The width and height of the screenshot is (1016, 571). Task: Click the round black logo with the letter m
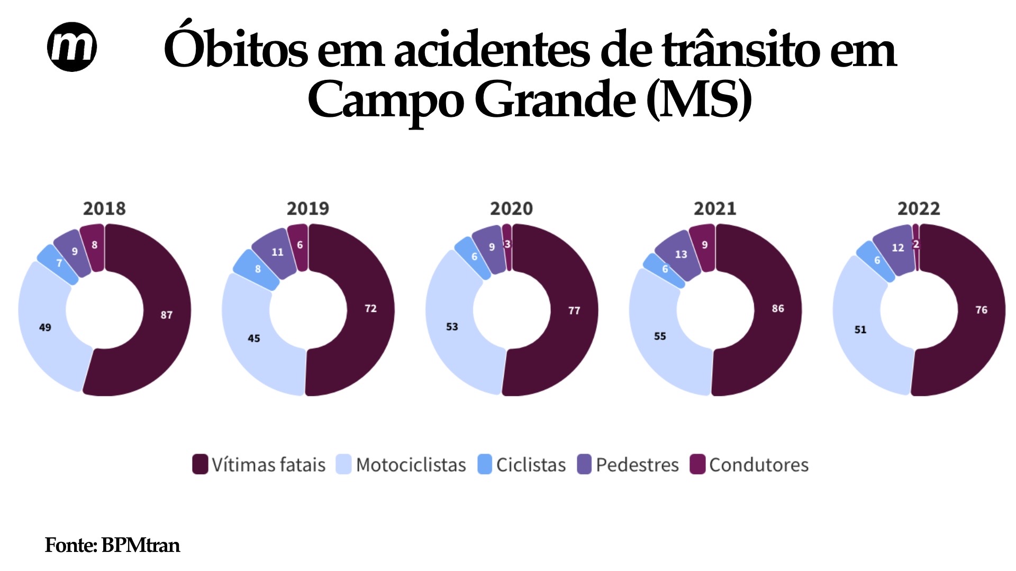point(72,47)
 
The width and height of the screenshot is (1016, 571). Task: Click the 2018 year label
point(104,208)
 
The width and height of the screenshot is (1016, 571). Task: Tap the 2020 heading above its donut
point(511,208)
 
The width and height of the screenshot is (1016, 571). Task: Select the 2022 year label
point(919,208)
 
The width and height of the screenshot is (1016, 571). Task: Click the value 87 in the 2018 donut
point(167,315)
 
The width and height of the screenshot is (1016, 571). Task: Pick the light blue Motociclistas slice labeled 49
point(45,327)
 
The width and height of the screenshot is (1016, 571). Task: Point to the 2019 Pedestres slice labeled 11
point(277,252)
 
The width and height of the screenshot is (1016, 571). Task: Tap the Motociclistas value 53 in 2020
point(452,327)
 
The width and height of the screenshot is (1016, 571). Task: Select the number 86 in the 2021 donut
point(778,308)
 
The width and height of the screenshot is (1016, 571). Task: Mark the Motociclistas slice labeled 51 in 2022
point(860,329)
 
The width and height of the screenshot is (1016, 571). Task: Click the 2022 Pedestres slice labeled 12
point(897,247)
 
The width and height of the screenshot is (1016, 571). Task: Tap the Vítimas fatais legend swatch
point(200,464)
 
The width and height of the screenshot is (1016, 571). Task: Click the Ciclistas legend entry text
point(531,465)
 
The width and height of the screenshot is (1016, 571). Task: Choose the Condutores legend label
point(759,465)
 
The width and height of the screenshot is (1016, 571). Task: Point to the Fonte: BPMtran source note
point(112,545)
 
